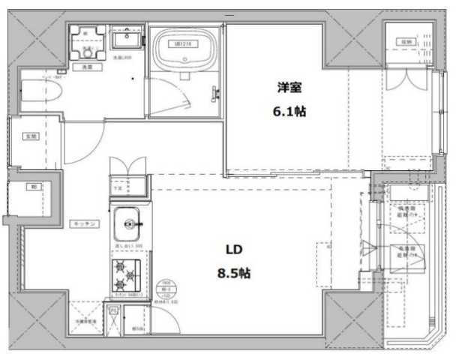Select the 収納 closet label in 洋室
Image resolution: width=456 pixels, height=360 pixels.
406,41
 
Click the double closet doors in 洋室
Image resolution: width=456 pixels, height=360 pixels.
406,79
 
